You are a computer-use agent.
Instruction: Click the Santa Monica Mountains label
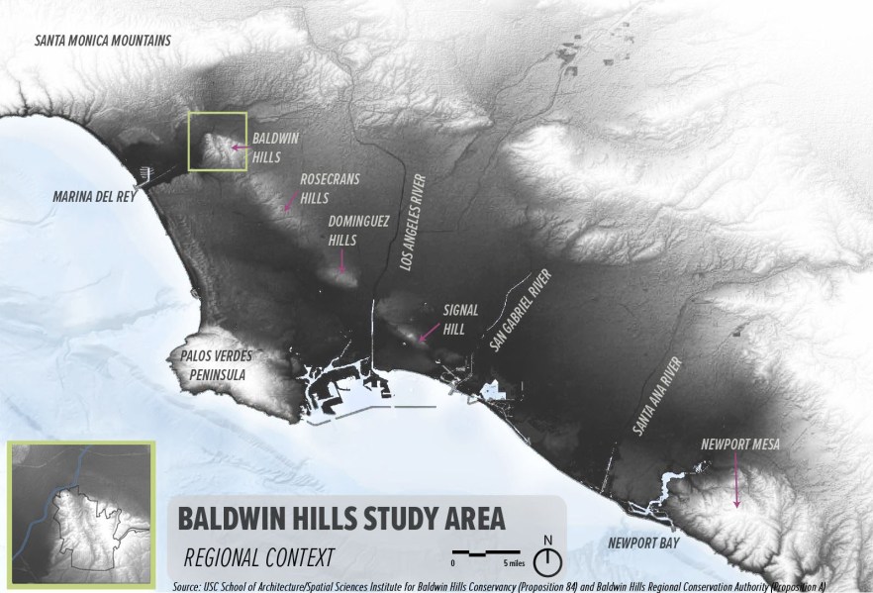103,41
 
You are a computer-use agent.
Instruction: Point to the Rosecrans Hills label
330,187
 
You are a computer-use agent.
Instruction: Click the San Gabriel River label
519,310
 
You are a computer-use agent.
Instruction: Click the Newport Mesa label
738,445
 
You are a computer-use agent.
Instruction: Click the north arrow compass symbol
546,560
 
